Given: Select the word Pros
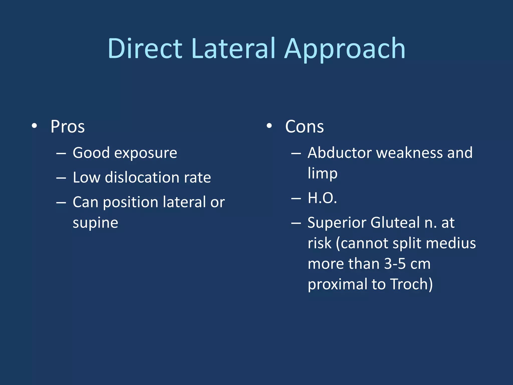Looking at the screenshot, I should click(68, 127).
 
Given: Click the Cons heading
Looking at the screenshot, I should click(304, 127).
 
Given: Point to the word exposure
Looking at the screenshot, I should click(146, 153).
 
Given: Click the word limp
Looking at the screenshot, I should click(323, 173).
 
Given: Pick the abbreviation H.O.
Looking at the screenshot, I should click(322, 198).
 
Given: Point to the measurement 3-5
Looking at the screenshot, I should click(395, 264).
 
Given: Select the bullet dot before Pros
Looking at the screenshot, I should click(35, 126).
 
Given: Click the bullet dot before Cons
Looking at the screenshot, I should click(269, 126).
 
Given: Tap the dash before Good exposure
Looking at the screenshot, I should click(61, 153).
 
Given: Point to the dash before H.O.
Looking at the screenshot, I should click(296, 198).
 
